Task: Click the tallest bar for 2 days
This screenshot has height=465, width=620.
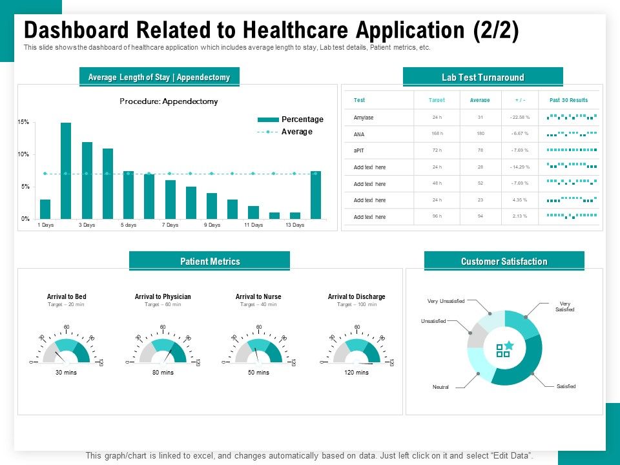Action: pyautogui.click(x=66, y=170)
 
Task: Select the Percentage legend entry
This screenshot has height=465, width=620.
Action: pyautogui.click(x=302, y=119)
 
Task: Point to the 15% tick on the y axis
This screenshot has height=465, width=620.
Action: pyautogui.click(x=23, y=122)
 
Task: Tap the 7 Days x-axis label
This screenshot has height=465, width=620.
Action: pyautogui.click(x=170, y=225)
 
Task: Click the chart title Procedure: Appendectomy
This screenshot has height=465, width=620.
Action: pyautogui.click(x=169, y=101)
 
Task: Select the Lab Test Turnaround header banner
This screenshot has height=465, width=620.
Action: pyautogui.click(x=482, y=77)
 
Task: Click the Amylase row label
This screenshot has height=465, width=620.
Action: pyautogui.click(x=364, y=117)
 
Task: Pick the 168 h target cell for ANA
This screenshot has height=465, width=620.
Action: pyautogui.click(x=437, y=134)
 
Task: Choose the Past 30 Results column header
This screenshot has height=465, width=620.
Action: pyautogui.click(x=568, y=100)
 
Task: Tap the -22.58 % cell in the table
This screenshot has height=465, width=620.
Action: pyautogui.click(x=519, y=117)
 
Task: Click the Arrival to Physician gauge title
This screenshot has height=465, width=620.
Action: pyautogui.click(x=163, y=296)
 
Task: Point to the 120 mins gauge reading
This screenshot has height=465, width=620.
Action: pyautogui.click(x=356, y=373)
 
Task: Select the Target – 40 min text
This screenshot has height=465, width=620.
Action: pyautogui.click(x=258, y=304)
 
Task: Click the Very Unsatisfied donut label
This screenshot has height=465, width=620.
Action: pyautogui.click(x=446, y=301)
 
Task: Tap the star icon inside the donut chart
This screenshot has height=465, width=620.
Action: pyautogui.click(x=509, y=346)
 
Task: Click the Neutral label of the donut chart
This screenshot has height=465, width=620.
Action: pyautogui.click(x=440, y=387)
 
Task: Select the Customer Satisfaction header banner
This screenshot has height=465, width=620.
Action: pyautogui.click(x=504, y=262)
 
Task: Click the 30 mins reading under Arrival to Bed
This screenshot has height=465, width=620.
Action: pyautogui.click(x=66, y=373)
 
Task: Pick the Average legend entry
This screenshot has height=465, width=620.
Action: pyautogui.click(x=296, y=132)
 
